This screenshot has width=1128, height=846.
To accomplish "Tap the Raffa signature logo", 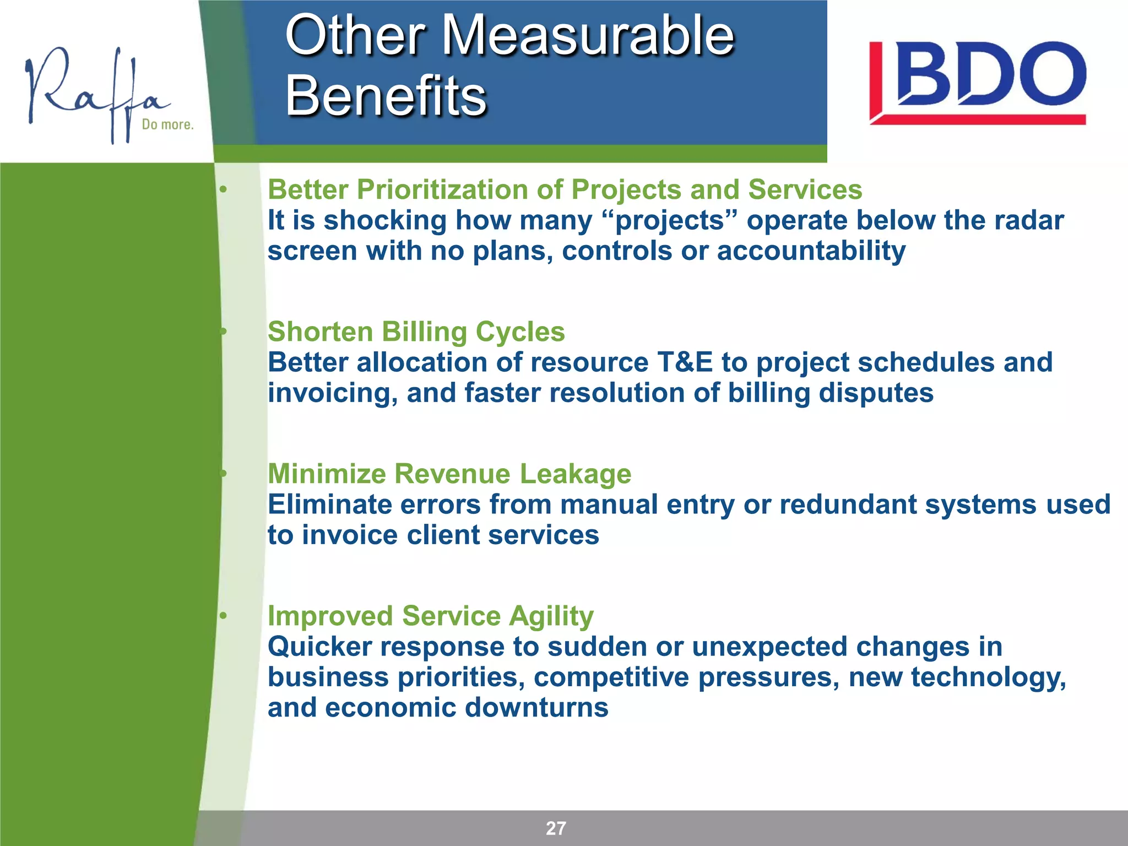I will click(94, 94).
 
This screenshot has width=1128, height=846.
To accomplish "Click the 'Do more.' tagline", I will click(167, 124).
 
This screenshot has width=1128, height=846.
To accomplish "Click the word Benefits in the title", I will click(386, 96).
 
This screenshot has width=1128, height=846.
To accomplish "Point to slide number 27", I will click(555, 828).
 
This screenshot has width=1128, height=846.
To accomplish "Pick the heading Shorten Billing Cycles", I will click(416, 332).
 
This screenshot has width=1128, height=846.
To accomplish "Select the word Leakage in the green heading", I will click(575, 474).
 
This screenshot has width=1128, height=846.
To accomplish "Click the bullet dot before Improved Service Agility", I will click(223, 616).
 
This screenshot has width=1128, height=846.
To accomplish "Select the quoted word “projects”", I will click(670, 220).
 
